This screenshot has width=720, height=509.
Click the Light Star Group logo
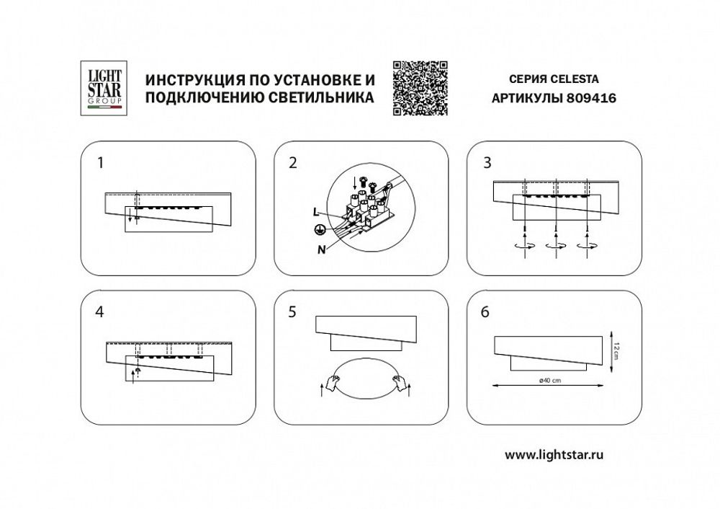pyautogui.click(x=102, y=88)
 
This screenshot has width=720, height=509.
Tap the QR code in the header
pyautogui.click(x=420, y=88)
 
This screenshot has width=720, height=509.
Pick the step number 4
pyautogui.click(x=100, y=312)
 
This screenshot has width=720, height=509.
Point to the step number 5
pyautogui.click(x=292, y=312)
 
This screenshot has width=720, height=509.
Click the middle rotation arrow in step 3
pyautogui.click(x=557, y=245)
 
